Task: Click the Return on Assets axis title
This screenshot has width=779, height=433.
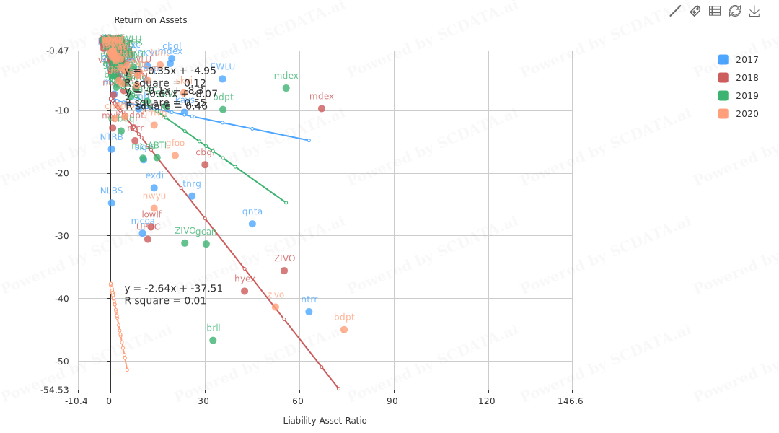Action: (150, 20)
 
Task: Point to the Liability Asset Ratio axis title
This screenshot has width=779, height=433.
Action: (325, 421)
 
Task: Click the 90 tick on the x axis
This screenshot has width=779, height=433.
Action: (392, 401)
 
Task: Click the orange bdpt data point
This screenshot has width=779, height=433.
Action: (344, 330)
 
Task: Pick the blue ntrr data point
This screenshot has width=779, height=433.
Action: (309, 312)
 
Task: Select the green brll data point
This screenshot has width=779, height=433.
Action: (213, 341)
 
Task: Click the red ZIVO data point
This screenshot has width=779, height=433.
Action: (284, 271)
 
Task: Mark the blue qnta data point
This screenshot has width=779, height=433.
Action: (252, 224)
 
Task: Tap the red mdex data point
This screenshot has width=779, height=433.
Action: (322, 109)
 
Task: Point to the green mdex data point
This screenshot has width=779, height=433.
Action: (286, 88)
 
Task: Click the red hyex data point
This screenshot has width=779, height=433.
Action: (245, 292)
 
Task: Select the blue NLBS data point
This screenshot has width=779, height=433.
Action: (112, 203)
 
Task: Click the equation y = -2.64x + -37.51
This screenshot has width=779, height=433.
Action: (173, 289)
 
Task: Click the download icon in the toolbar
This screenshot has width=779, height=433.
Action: (754, 11)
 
